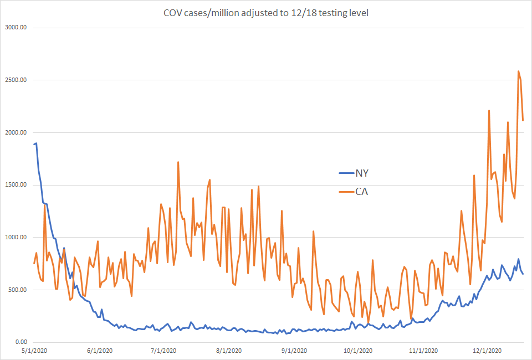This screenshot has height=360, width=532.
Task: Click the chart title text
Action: pos(265,12)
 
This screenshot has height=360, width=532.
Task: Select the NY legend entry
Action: pos(362,173)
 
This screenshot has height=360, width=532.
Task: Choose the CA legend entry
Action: pos(362,192)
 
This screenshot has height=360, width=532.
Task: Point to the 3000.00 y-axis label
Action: pos(16,28)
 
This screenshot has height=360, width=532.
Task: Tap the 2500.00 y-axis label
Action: pos(16,80)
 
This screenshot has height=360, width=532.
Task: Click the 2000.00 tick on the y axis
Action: pos(16,132)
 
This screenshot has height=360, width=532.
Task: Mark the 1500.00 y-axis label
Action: pos(16,185)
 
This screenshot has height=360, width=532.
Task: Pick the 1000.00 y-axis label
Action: pos(16,238)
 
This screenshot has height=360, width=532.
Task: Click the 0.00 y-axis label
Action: pos(21,342)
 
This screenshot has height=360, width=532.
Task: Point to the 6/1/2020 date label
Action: pos(100,351)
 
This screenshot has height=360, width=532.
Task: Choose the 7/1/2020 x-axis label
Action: pos(164,351)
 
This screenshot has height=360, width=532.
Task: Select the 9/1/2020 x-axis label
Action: pos(296,351)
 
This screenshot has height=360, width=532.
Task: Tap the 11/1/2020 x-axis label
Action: pos(426,351)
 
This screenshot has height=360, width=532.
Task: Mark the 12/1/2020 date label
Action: pos(489,351)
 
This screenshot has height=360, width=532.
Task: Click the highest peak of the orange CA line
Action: pos(518,71)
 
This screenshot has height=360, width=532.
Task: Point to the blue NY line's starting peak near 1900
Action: pos(37,143)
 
